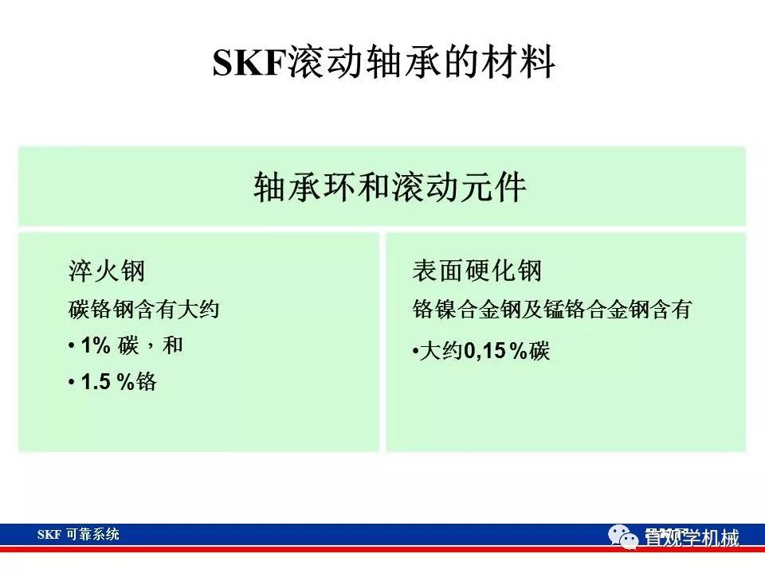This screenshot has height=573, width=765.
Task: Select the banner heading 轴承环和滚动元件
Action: [x=390, y=188]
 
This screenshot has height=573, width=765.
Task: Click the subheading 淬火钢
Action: [x=107, y=271]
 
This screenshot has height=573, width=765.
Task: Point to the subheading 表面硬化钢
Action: [x=477, y=271]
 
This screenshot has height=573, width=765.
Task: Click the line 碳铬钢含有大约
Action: [x=143, y=309]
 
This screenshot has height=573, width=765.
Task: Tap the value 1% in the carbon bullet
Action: [x=94, y=346]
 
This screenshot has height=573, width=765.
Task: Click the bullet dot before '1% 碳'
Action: [x=72, y=347]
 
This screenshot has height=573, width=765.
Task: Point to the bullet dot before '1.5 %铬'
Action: [x=72, y=384]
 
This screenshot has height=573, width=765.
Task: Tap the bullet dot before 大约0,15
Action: [x=415, y=352]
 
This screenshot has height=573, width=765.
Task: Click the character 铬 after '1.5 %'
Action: [x=147, y=383]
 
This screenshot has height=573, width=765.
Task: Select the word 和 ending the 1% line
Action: [x=173, y=346]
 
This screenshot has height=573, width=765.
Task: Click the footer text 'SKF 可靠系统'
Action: [x=78, y=534]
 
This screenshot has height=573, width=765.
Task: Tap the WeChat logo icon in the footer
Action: [x=625, y=539]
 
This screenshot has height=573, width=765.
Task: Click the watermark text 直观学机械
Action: [x=692, y=539]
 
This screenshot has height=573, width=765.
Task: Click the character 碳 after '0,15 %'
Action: [x=540, y=351]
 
